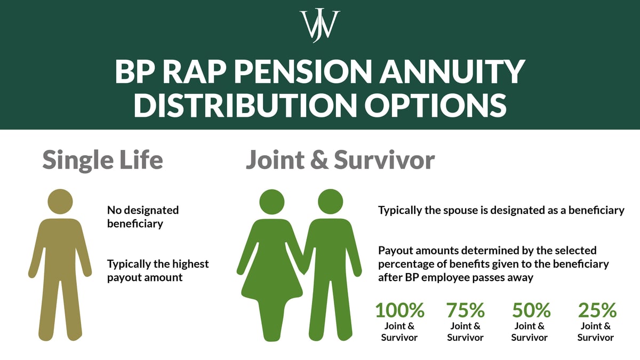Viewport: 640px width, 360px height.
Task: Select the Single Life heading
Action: click(102, 159)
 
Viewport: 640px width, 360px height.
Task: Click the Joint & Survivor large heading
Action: click(340, 159)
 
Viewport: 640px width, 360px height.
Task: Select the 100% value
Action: click(399, 310)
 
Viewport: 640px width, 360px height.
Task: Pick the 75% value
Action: click(465, 310)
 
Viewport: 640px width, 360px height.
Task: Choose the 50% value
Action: click(531, 310)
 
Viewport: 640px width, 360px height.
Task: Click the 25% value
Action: click(597, 310)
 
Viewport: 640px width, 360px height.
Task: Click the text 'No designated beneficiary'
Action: click(143, 217)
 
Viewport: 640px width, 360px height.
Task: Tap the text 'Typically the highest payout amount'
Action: click(158, 270)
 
